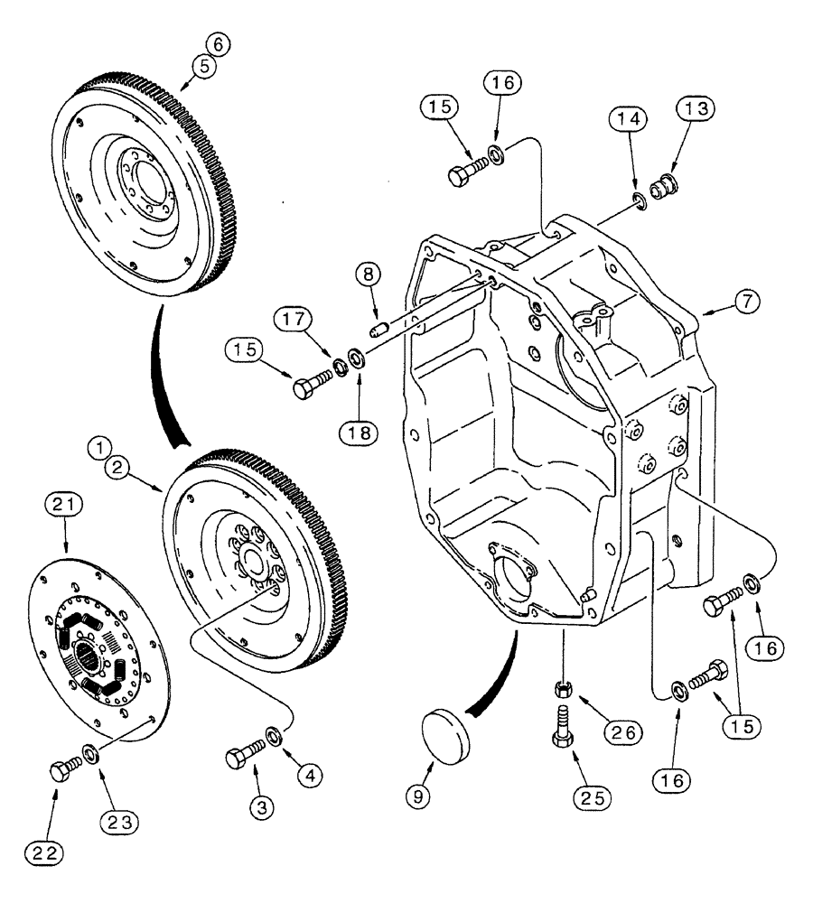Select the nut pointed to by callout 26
coord(561,691)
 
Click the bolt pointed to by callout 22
coord(63,770)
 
